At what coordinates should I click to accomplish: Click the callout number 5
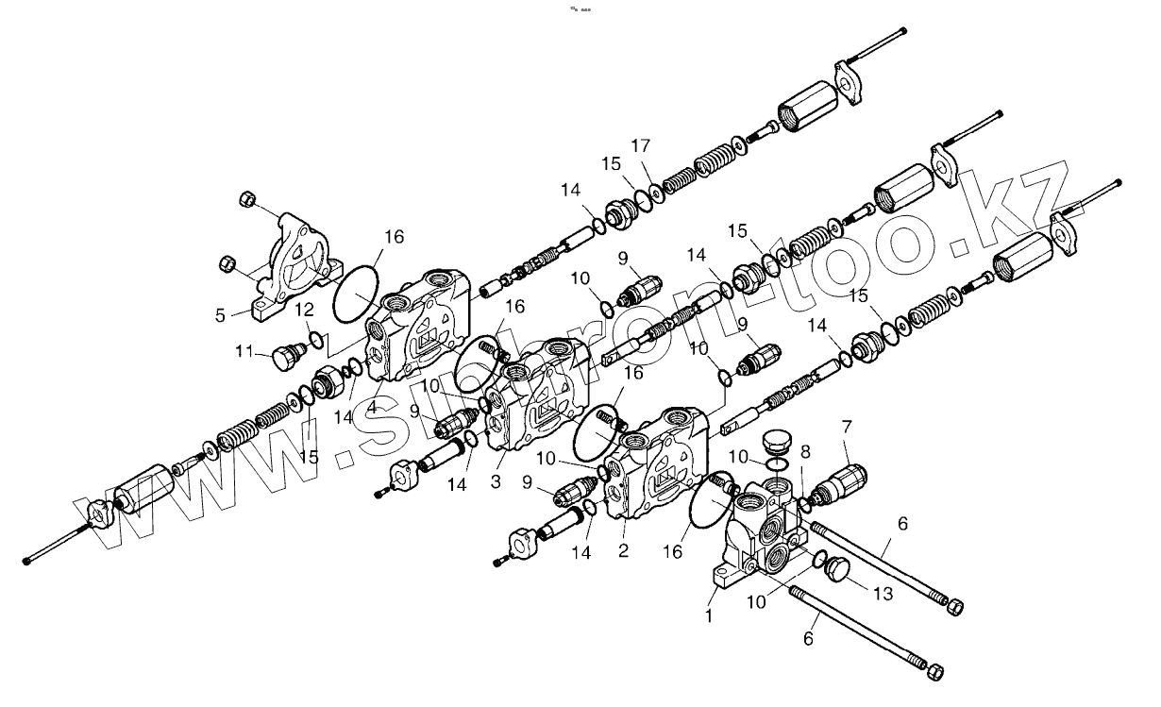pos(220,315)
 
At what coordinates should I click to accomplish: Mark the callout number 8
pos(804,452)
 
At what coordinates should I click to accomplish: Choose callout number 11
pos(244,351)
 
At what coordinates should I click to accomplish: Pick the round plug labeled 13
pos(836,569)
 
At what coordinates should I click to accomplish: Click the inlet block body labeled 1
pos(765,529)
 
